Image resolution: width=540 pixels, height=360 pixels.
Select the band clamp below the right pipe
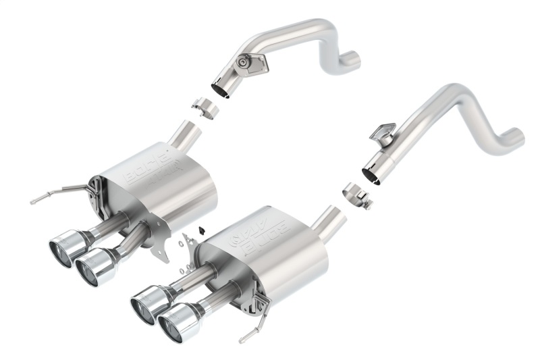pyautogui.click(x=357, y=196)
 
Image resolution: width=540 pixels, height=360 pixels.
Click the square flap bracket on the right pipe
pyautogui.click(x=383, y=132)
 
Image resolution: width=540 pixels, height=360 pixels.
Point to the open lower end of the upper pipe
pyautogui.click(x=221, y=89)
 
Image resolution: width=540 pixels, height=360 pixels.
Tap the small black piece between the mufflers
pyautogui.click(x=201, y=230)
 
